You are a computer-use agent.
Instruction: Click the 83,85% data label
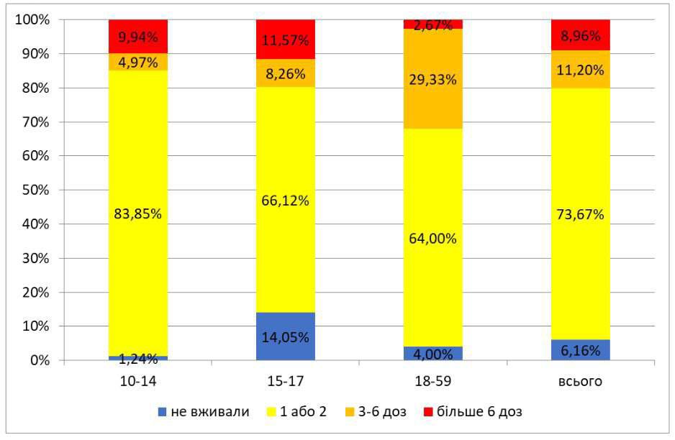coord(137,214)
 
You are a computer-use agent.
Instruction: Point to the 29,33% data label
coord(433,80)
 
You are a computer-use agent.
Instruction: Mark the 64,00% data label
coord(433,239)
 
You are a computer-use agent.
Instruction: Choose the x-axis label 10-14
coord(137,381)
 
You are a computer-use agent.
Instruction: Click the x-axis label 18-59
coord(433,381)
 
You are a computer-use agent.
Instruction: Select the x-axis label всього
coord(581,381)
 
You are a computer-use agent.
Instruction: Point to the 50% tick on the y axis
coord(35,190)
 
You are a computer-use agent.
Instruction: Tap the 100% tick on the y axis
coord(32,20)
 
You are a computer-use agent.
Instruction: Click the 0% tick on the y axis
coord(37,360)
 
